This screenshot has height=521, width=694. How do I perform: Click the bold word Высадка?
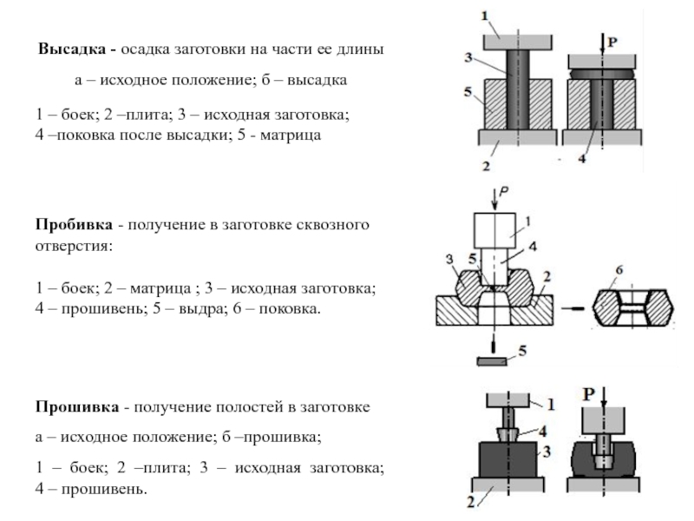coord(72,49)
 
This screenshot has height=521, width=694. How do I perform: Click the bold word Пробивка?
coord(74,224)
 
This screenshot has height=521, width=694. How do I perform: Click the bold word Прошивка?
coord(77,406)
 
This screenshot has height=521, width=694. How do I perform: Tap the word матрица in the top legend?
coord(291,135)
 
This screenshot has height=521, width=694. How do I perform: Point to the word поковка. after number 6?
coord(290,308)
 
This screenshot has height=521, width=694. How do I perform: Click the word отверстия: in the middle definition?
coord(74,246)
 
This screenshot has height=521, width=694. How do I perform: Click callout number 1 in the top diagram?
coord(485,16)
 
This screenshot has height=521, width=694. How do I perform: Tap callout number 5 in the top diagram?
coord(468,92)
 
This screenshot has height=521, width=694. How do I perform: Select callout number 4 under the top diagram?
coord(582,158)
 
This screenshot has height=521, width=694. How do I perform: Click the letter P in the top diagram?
coord(612,43)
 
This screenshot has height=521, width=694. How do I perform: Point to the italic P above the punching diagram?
coord(504,191)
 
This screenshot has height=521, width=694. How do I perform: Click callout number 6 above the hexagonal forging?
coord(619,270)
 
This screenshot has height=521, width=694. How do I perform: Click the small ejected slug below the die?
coord(492,361)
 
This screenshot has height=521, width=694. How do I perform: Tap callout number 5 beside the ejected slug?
coord(523,351)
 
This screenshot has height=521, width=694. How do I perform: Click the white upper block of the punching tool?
coord(494,230)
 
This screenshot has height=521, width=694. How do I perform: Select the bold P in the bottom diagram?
coord(589,394)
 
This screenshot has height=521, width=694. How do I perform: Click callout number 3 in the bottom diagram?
coord(547,452)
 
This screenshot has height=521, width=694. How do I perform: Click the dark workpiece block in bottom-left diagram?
coord(508,459)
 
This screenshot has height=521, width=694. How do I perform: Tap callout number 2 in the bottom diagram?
coord(471,503)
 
